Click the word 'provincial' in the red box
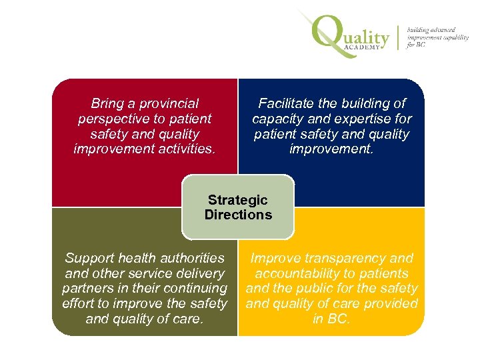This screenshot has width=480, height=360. pos(169,104)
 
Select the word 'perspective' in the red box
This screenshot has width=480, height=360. pos(115,119)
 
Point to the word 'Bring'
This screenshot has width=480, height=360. pos(107,104)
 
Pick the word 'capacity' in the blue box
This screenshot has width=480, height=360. pos(277,119)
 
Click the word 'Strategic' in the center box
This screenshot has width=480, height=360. pos(238,200)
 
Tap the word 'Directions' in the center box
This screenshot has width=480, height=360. pos(238,215)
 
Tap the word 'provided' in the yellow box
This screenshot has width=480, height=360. pos(391,303)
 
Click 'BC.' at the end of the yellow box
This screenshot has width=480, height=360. pos(339,319)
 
